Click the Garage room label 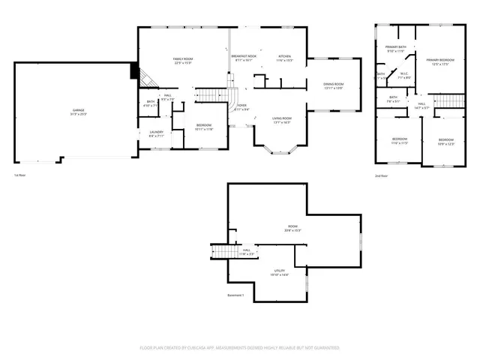coord(79,111)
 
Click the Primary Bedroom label coord(436,61)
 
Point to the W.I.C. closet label coord(403,75)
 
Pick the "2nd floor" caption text coord(382,175)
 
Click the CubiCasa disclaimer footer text coord(240,348)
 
